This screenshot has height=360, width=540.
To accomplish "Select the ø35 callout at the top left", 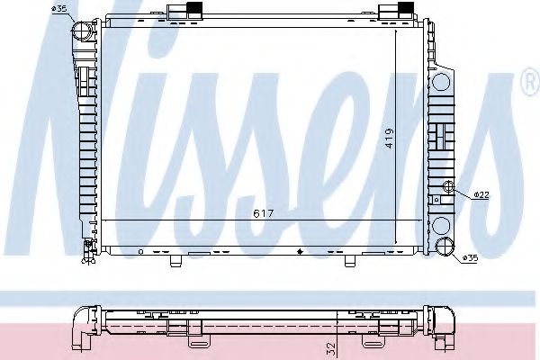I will (x=59, y=8).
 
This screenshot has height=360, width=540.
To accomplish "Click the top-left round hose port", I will (x=83, y=31).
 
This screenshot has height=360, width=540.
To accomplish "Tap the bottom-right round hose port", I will (x=444, y=247).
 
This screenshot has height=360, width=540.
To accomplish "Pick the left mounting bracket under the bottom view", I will (x=198, y=339).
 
